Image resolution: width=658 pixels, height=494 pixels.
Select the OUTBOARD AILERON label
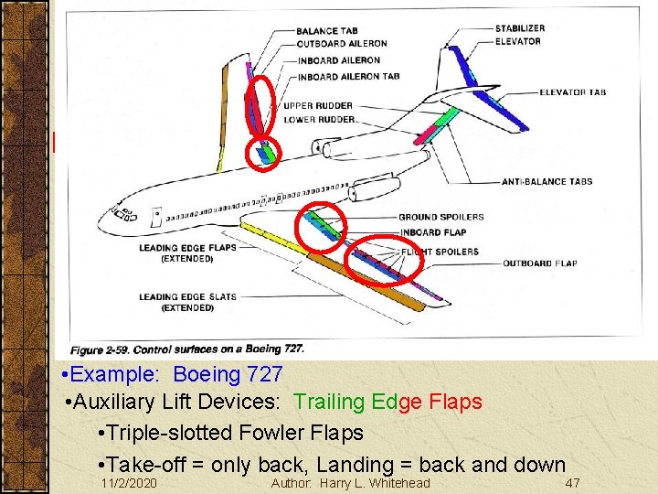point(341,43)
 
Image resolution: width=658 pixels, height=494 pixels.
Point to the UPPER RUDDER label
point(318,106)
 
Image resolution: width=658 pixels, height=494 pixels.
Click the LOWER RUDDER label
point(318,119)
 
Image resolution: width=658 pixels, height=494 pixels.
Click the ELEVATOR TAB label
point(572,92)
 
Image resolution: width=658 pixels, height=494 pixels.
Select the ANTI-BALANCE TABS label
point(547,182)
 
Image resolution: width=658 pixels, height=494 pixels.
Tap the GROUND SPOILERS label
point(440,218)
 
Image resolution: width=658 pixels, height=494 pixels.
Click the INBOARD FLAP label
point(432,231)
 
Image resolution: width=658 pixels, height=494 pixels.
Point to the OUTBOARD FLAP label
point(539,263)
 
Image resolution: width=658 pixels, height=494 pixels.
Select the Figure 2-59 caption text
point(187,349)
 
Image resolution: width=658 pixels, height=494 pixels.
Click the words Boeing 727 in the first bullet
point(228,375)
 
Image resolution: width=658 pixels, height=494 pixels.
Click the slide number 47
point(573,482)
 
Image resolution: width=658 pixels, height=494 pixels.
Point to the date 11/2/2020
point(129,482)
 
